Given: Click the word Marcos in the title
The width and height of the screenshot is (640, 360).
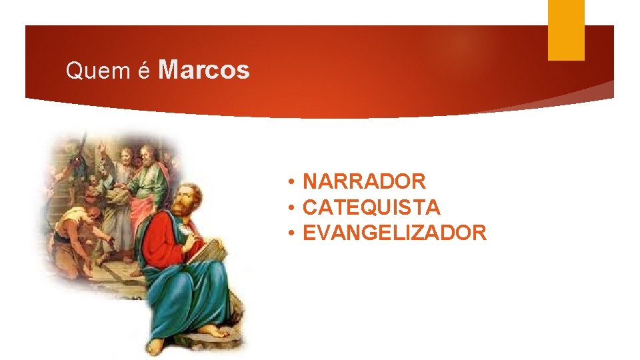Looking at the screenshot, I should point(205,69).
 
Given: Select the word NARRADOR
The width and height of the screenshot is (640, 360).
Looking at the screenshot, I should point(364,181).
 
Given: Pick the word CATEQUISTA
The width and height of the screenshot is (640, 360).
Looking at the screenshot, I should point(371,207).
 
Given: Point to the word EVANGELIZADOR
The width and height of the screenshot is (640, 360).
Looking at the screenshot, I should point(394,233).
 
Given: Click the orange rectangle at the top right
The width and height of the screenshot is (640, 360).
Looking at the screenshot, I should point(566,30).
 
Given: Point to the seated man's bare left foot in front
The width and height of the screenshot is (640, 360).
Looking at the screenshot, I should point(155,346).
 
